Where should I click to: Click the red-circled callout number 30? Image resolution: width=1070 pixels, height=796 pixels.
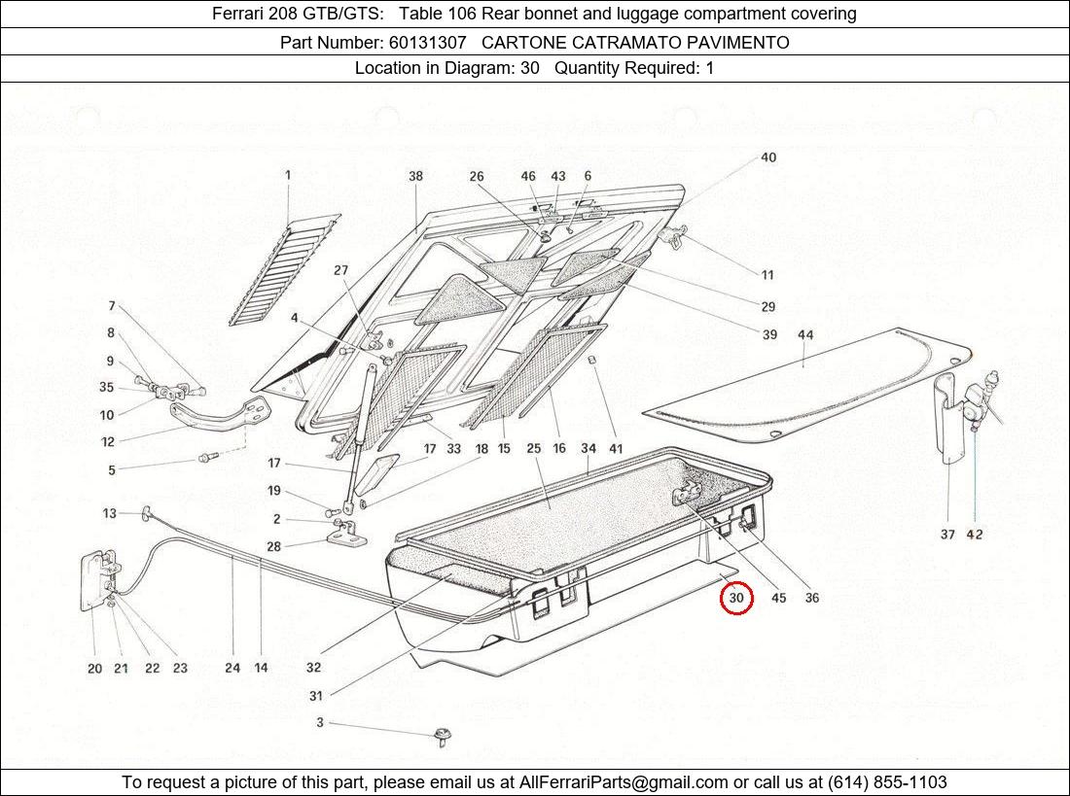click(736, 598)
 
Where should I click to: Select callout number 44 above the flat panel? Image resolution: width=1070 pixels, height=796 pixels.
click(805, 335)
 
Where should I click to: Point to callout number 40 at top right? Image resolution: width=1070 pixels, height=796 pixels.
click(767, 157)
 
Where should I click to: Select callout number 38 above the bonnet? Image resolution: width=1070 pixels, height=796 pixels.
click(415, 177)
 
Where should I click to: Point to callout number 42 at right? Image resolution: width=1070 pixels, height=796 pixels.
click(975, 534)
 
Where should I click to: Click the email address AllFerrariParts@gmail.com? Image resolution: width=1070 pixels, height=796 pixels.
click(624, 782)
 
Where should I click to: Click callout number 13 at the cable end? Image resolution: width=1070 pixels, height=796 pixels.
click(109, 513)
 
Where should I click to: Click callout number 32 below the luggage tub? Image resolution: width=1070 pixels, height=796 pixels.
click(313, 668)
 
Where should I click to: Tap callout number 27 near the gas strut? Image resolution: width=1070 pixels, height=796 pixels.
click(340, 270)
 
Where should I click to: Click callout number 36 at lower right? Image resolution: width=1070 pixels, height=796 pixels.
click(811, 598)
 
